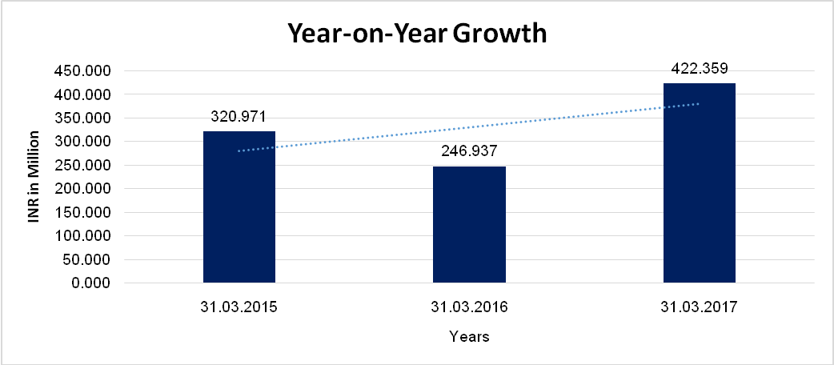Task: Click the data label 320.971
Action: pos(239,117)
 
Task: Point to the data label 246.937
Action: pos(469,152)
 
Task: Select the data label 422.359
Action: pos(699,69)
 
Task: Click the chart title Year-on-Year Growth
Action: pos(417,34)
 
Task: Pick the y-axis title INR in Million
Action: pos(34,178)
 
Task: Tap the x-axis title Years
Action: pos(469,337)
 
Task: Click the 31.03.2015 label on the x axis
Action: pos(239,307)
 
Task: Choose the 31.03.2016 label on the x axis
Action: pos(469,307)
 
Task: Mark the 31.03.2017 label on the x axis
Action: pos(699,307)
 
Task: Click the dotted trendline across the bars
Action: pos(360,132)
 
